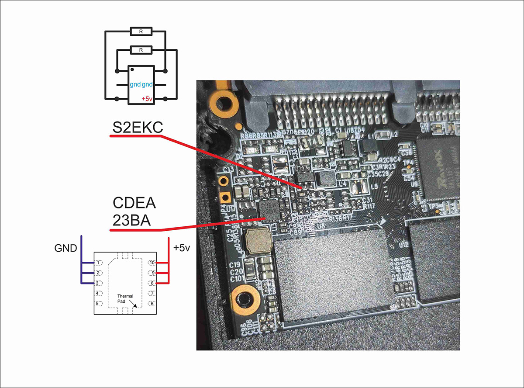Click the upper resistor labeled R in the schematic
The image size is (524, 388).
(x=141, y=31)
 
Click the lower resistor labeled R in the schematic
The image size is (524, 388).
(x=141, y=50)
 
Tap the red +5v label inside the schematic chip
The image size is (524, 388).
(x=147, y=99)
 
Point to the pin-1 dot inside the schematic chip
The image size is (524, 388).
(x=132, y=70)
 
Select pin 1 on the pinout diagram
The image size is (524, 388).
(x=99, y=263)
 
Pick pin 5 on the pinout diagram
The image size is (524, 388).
(x=99, y=303)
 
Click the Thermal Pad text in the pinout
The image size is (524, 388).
(x=125, y=298)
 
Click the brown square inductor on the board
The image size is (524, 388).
(x=259, y=242)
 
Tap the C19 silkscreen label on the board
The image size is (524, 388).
(x=235, y=265)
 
